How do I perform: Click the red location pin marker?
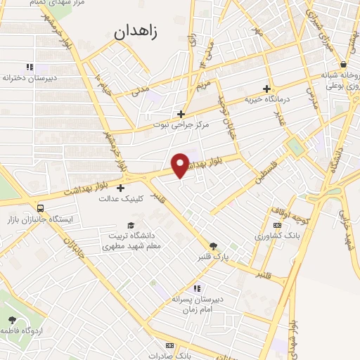point(181,165)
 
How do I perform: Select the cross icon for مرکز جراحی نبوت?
point(181,113)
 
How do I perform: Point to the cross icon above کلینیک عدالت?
point(121,188)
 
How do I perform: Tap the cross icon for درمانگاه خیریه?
point(266,89)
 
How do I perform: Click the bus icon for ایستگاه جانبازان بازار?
point(40,208)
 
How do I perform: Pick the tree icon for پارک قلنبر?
point(214,245)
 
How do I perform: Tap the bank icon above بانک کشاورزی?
point(278,224)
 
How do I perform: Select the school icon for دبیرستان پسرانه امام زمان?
point(198,288)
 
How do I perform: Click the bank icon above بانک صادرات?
point(169,345)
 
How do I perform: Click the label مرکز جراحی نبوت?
point(181,124)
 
